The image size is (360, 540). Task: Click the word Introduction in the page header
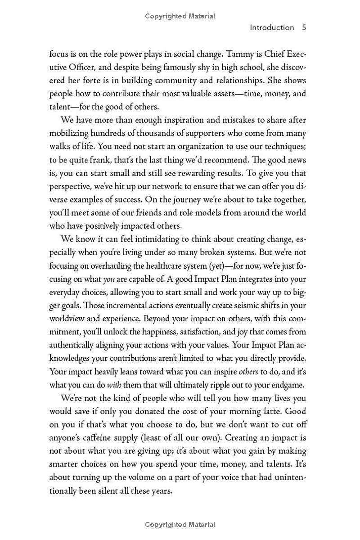pos(272,27)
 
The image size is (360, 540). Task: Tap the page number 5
pos(304,27)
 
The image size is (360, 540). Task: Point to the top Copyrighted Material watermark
pos(180,16)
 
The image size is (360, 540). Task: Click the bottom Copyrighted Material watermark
pos(180,525)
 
